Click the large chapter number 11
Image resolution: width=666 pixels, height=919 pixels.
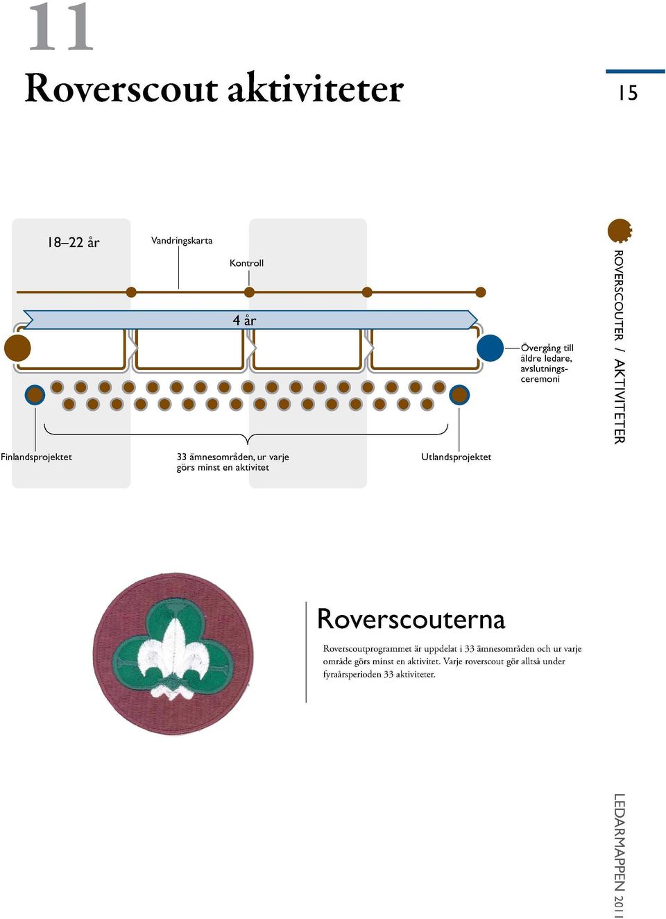pos(60,27)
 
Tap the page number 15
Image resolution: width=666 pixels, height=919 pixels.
pos(629,93)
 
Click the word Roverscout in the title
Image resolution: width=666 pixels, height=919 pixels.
pos(121,89)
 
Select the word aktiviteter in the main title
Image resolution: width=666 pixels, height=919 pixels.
pos(316,87)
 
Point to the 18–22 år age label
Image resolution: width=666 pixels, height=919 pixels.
pos(74,242)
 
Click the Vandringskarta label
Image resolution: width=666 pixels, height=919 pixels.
pos(182,240)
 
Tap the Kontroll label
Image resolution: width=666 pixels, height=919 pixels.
pos(246,263)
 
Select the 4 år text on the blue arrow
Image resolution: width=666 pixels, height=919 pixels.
pos(244,320)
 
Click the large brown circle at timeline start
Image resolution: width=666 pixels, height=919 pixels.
pos(17,348)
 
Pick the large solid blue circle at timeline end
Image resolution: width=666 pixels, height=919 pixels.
pos(490,348)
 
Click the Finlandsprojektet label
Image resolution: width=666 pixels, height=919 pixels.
pos(36,457)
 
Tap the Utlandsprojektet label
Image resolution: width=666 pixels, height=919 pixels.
pos(456,457)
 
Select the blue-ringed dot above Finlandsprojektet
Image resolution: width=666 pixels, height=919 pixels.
pos(35,395)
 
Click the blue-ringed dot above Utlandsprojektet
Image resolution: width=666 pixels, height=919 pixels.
pos(459,395)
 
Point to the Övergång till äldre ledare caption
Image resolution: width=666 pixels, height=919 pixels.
pos(547,364)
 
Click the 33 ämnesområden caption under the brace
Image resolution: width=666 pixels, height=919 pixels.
pos(232,462)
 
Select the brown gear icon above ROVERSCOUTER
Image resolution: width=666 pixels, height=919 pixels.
pos(620,230)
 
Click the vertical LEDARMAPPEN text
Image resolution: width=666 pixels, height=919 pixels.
pos(620,855)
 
